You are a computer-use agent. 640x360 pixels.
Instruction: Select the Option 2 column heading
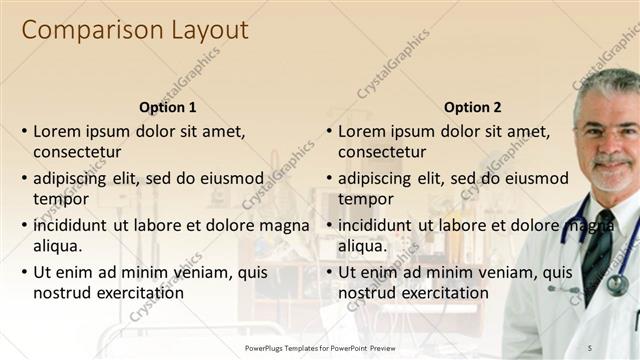[x=472, y=107]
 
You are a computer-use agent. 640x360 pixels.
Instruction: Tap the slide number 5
[x=619, y=348]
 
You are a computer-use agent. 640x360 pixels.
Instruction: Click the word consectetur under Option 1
[x=77, y=152]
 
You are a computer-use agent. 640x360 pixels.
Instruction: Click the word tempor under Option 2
[x=366, y=199]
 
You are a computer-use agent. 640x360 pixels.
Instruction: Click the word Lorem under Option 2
[x=361, y=131]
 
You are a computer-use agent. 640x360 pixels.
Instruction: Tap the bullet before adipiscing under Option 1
[x=24, y=179]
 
